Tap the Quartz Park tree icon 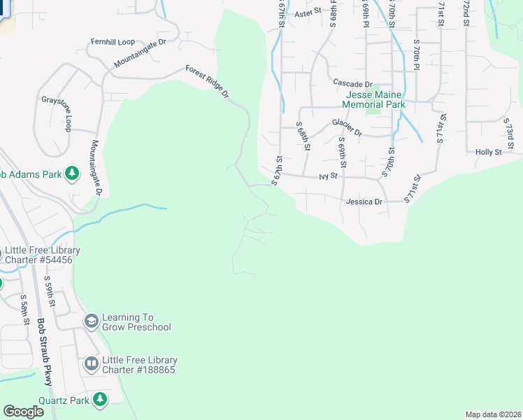[x=100, y=400]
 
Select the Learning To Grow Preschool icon [x=91, y=321]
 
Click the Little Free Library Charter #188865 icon [x=91, y=364]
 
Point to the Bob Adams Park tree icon [x=71, y=173]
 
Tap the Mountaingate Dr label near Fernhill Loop [x=140, y=54]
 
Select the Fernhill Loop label [x=113, y=42]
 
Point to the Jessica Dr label [x=364, y=202]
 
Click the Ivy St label [x=328, y=176]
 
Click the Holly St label [x=488, y=152]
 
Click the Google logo [x=23, y=412]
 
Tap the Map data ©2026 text [x=492, y=414]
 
